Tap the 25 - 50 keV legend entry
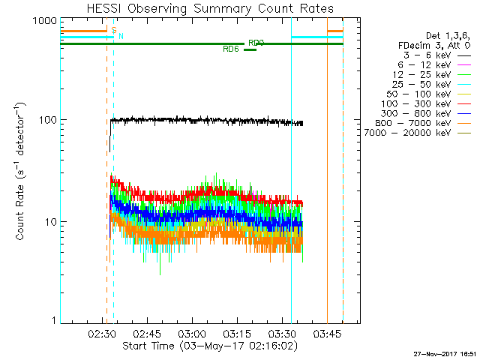click(423, 84)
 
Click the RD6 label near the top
click(232, 49)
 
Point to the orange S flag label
click(114, 31)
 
